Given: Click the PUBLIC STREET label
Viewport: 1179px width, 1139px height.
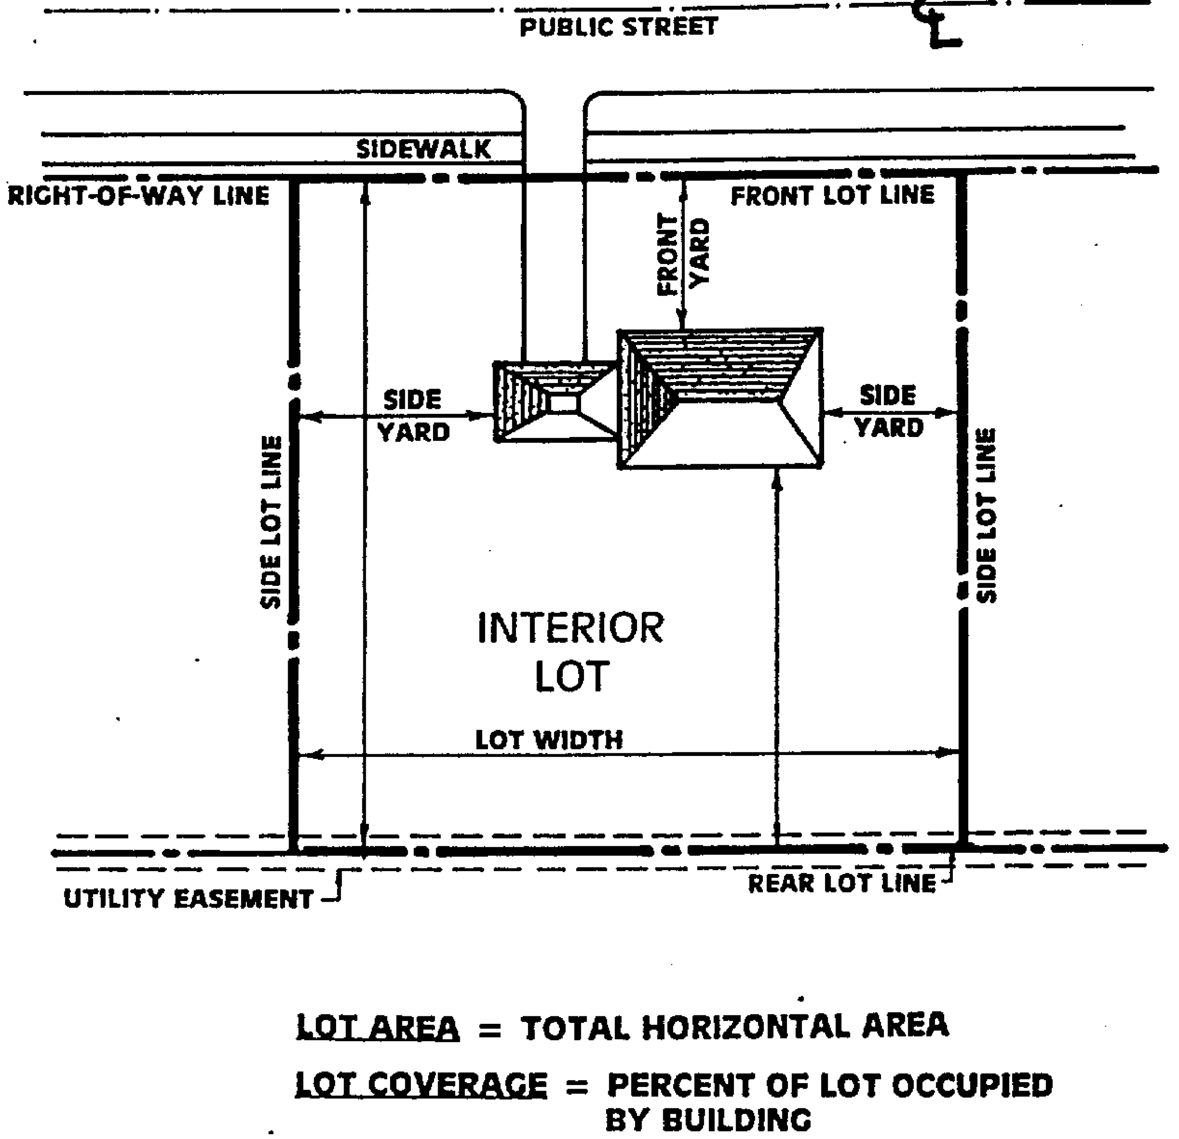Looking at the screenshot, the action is [618, 28].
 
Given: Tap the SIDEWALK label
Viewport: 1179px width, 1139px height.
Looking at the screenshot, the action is [424, 149].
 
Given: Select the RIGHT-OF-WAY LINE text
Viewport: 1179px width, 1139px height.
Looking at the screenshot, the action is [138, 196].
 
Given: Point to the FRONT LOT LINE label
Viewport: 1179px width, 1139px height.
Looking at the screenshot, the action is [833, 196].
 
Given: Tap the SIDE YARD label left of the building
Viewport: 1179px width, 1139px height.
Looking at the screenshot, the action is [413, 415].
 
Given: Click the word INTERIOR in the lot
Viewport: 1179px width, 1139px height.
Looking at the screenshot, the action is [570, 628].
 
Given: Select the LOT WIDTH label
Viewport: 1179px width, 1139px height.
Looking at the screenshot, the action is [549, 740].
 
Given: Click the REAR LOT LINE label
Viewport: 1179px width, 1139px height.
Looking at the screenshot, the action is [841, 883].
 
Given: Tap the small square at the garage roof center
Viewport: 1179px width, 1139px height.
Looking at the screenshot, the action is [564, 402].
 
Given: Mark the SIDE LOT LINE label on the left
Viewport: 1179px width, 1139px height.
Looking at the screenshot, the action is [271, 522].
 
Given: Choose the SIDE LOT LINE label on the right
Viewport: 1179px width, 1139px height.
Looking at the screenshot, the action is [986, 515].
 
